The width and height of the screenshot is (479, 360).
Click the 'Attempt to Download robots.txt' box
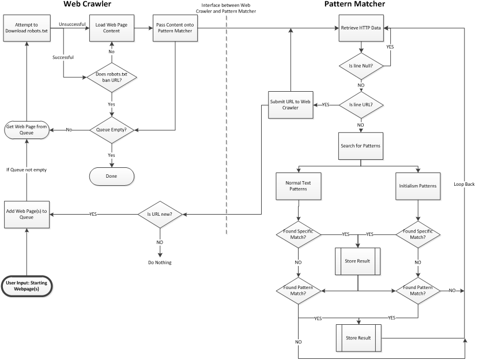click(x=27, y=28)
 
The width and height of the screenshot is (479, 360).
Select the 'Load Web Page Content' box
click(x=112, y=28)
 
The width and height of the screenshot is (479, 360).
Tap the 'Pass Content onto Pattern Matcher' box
click(x=175, y=28)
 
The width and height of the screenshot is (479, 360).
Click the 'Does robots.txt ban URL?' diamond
click(x=111, y=77)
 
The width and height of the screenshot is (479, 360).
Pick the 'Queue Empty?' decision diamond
click(x=111, y=130)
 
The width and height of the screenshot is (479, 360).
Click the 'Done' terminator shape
click(x=111, y=176)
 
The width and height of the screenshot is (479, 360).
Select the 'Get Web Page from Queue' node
click(x=27, y=130)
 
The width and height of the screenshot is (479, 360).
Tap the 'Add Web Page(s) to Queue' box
click(x=27, y=215)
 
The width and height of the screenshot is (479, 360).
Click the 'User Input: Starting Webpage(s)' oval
click(x=27, y=286)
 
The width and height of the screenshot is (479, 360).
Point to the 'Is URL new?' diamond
click(x=160, y=215)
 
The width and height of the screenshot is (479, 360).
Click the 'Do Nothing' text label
click(x=160, y=262)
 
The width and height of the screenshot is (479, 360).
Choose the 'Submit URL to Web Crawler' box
click(x=291, y=105)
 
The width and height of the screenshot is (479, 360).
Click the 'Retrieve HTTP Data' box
click(x=361, y=28)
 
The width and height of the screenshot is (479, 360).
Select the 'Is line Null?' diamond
click(x=361, y=66)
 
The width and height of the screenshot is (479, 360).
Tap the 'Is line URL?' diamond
click(x=361, y=105)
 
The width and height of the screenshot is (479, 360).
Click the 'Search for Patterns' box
click(x=361, y=146)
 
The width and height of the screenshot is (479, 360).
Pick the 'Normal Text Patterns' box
click(x=299, y=186)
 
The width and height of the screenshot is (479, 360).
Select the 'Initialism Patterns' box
click(x=418, y=186)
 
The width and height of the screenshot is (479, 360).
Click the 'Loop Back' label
click(x=464, y=184)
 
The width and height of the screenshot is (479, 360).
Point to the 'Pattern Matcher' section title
click(x=354, y=4)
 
